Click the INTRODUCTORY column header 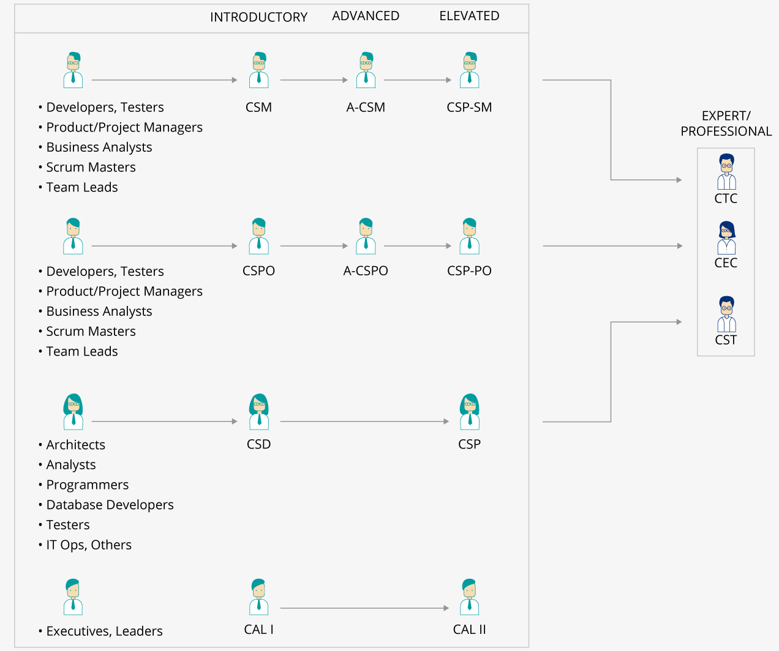[x=258, y=17]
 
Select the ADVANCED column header [x=366, y=16]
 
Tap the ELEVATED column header [x=469, y=16]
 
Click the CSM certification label [x=258, y=107]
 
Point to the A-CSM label [x=366, y=107]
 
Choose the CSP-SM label [x=469, y=107]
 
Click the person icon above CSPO [x=258, y=236]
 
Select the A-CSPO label [x=366, y=270]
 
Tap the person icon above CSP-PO [x=469, y=236]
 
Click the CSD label [x=258, y=444]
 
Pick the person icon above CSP [x=469, y=412]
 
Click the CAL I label [x=258, y=630]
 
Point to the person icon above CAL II [x=469, y=597]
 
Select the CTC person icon [x=726, y=172]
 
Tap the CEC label [x=726, y=262]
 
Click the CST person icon [x=726, y=314]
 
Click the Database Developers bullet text [x=110, y=505]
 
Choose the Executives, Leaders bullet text [x=104, y=631]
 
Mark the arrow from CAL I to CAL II [x=364, y=608]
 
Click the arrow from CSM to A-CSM [x=314, y=80]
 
